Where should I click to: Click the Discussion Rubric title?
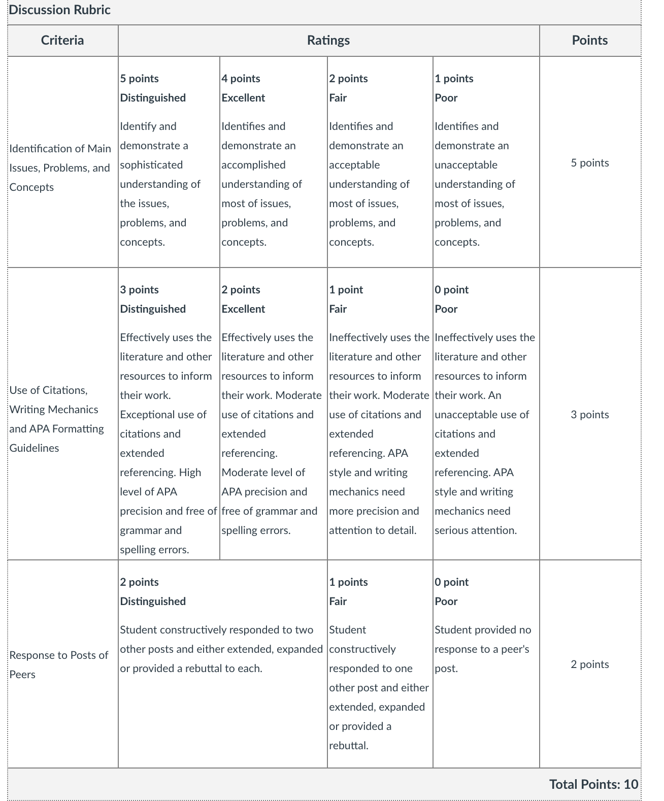(60, 10)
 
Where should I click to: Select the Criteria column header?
(62, 41)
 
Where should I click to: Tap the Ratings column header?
(328, 41)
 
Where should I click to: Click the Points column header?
(589, 41)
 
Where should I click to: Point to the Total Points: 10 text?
(593, 784)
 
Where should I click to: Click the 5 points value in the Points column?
(589, 163)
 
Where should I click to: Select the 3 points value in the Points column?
(589, 415)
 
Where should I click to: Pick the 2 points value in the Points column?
(589, 664)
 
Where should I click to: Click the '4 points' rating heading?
(241, 79)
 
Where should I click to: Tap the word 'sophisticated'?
(151, 165)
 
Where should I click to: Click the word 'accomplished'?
(253, 165)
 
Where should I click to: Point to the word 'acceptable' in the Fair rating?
(354, 165)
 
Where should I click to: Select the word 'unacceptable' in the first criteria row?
(466, 165)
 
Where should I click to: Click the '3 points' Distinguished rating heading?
(140, 290)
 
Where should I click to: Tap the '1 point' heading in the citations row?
(346, 290)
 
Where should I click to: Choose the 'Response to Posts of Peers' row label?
(58, 664)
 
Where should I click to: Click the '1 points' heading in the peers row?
(348, 582)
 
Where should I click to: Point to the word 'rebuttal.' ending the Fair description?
(349, 746)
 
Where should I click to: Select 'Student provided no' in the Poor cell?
(483, 630)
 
